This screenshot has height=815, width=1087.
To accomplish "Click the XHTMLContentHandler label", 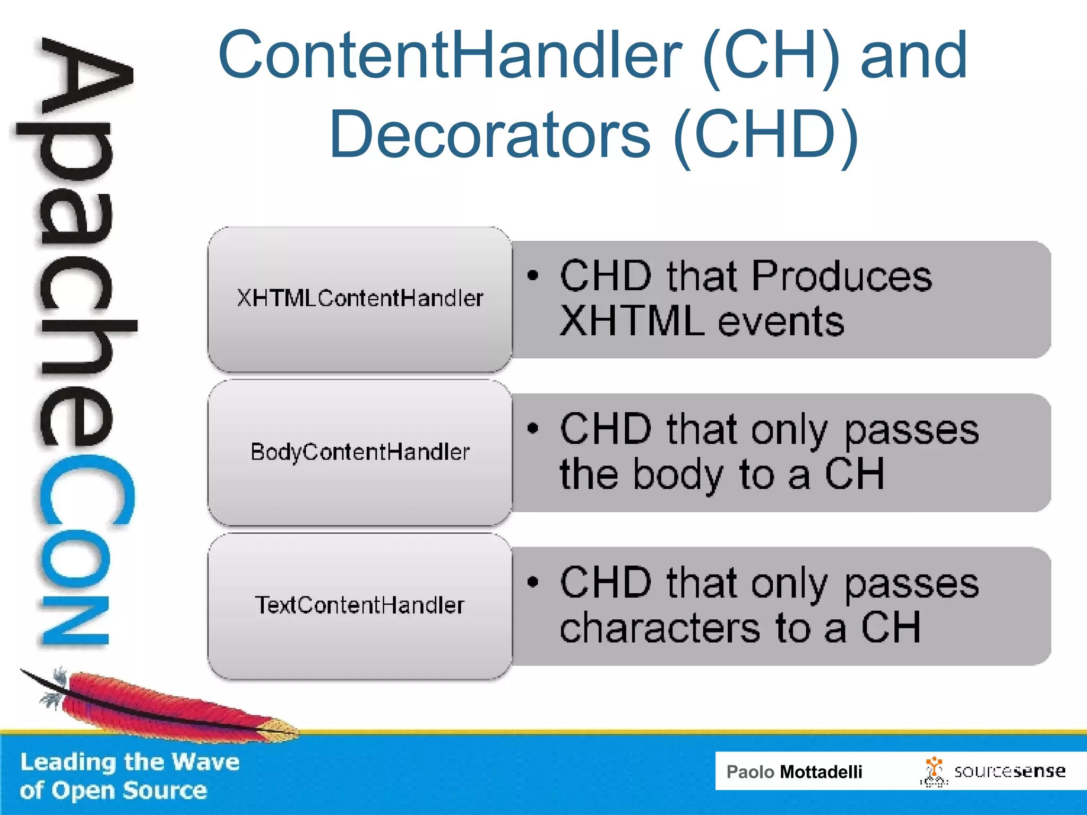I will click(360, 298).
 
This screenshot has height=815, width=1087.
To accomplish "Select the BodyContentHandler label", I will click(360, 452).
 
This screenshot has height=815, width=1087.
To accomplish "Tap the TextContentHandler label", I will click(360, 605).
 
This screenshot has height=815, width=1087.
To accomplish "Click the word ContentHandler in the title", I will click(450, 55).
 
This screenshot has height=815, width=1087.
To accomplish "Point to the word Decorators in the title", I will click(489, 135).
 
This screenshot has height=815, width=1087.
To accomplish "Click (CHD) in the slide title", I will click(766, 135).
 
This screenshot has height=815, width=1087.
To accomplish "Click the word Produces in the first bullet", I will click(841, 276).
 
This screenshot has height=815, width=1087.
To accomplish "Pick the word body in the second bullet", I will click(678, 475).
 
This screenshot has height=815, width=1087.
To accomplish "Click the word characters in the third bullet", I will click(660, 628).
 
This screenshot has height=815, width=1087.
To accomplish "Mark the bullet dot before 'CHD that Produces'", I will click(533, 275).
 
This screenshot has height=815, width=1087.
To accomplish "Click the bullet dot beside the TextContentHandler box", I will click(533, 582).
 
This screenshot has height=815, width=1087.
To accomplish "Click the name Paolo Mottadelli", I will click(794, 771).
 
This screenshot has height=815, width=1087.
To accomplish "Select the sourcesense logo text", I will click(1010, 771).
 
